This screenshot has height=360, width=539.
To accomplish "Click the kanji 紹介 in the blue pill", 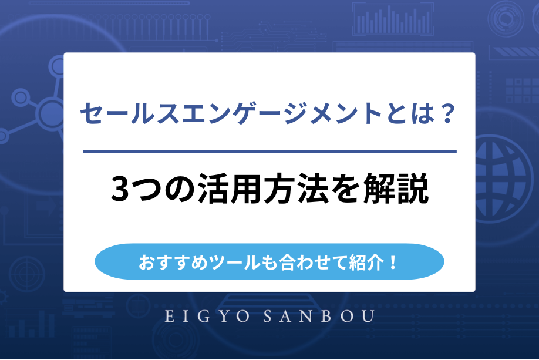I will coord(363,261).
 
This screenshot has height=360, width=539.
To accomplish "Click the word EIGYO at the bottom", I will coord(202,317).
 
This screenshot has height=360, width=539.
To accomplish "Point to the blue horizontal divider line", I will coord(269,152).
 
